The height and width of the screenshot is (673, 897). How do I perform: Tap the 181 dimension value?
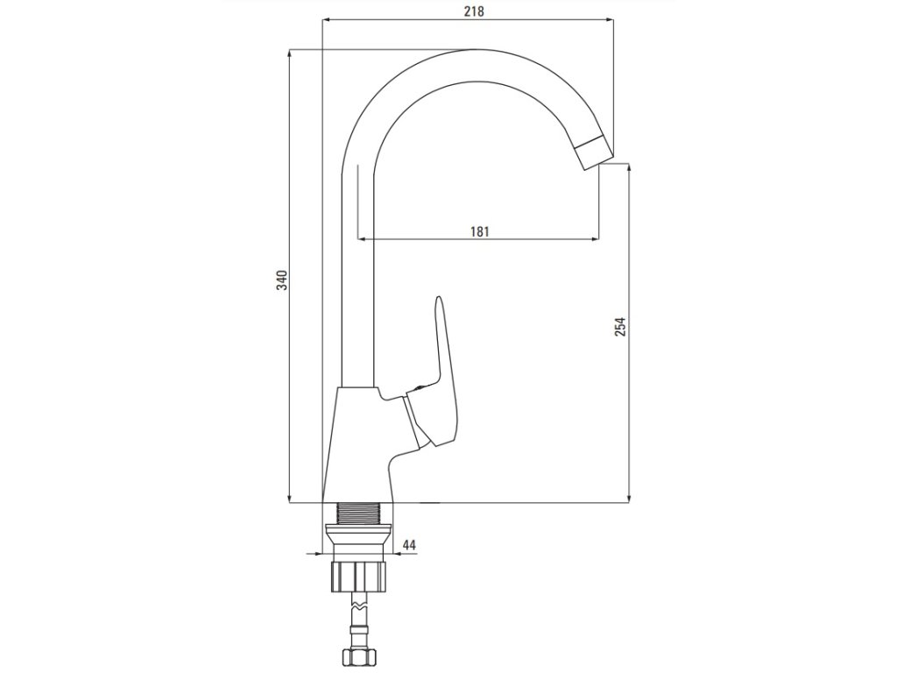(479, 231)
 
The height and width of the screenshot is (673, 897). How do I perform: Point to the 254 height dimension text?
(621, 326)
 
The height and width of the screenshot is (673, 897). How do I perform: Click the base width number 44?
(408, 545)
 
